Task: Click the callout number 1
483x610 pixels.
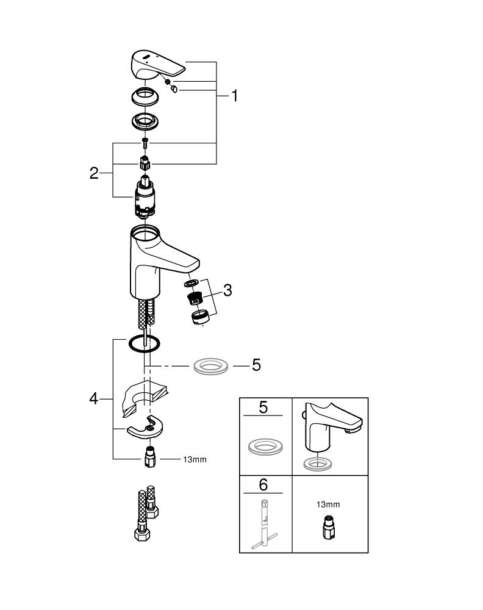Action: pos(234,96)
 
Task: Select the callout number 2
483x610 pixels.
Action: pos(94,173)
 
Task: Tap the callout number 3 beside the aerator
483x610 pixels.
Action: pos(227,291)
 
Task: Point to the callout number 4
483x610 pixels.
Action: pos(93,400)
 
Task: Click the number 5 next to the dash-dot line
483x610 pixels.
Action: pos(256,365)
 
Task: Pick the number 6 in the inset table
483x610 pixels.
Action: pos(263,485)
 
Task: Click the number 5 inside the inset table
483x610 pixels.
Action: pos(263,407)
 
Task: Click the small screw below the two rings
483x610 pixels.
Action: pos(145,143)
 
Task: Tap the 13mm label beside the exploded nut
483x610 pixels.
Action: pos(195,459)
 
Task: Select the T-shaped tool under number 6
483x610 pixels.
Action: pos(263,525)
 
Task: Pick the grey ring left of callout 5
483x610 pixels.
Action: pos(210,367)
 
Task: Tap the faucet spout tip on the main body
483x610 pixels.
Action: pos(193,264)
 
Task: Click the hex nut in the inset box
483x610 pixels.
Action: pos(327,527)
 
